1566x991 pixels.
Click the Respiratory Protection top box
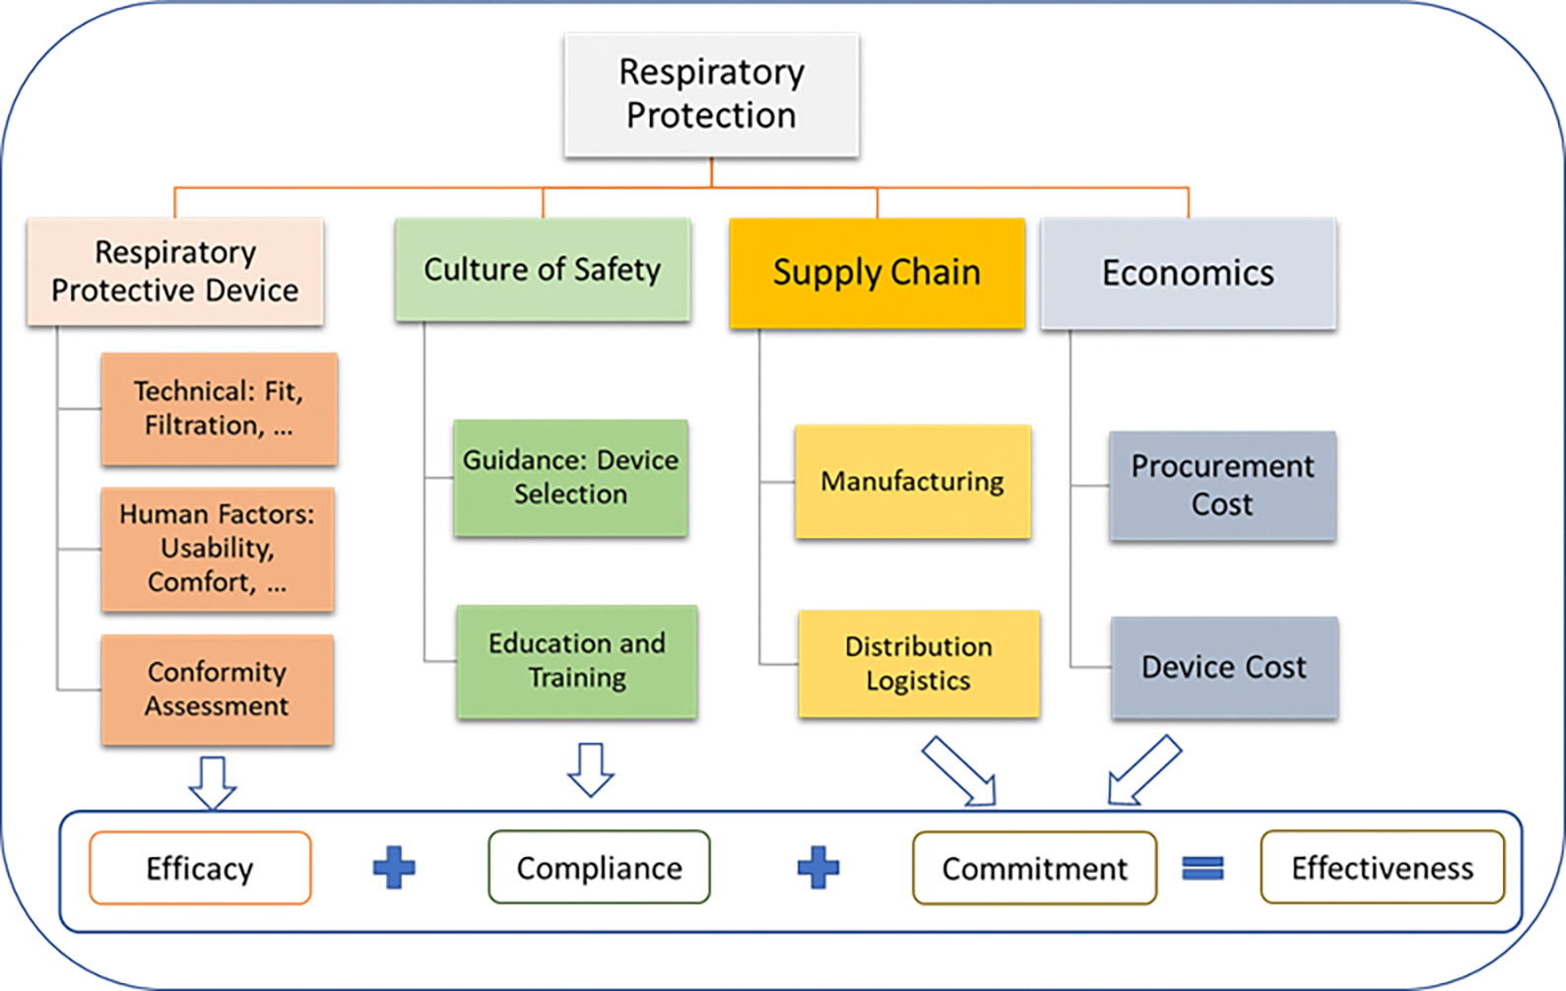(711, 95)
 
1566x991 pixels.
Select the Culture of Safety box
(542, 270)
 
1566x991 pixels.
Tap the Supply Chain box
(877, 273)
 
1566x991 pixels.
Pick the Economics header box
(1188, 273)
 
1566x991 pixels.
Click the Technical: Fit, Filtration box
(219, 409)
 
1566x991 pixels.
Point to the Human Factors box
(218, 549)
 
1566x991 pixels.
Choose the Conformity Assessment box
(217, 689)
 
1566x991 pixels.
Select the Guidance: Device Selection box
(570, 478)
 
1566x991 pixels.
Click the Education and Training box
(577, 661)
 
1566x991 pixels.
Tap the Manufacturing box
(913, 482)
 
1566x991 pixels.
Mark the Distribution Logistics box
(919, 663)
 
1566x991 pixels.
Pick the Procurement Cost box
(1222, 486)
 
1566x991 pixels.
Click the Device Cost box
(1224, 667)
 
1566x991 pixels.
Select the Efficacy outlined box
(200, 868)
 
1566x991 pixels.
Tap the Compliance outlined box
(599, 868)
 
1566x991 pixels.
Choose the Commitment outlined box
(1034, 868)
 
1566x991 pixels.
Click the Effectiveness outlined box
(1382, 868)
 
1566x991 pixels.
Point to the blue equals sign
(1203, 868)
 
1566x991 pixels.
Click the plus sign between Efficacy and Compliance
(394, 868)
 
